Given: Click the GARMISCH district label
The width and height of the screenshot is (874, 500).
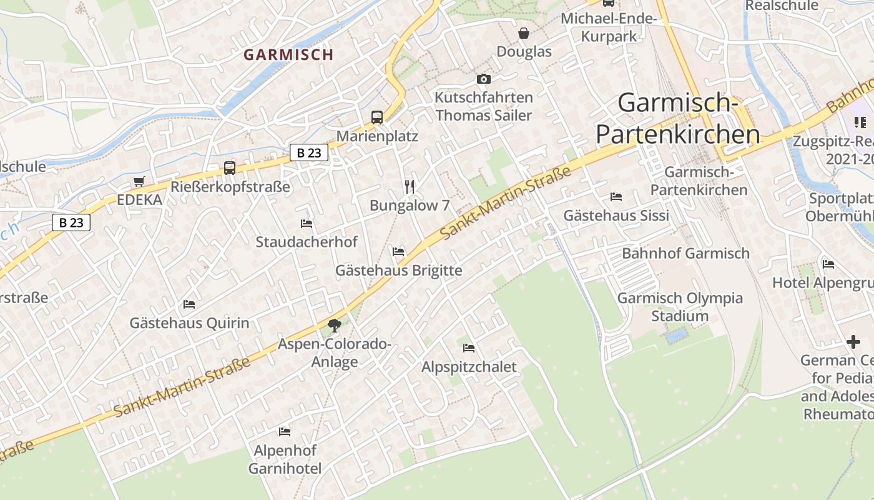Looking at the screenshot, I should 288,54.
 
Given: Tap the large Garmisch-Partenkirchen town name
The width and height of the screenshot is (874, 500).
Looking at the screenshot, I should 678,119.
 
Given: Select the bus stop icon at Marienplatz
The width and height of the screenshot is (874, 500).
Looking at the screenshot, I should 377,117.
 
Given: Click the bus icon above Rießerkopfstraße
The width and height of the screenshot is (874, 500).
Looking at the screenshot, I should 230,167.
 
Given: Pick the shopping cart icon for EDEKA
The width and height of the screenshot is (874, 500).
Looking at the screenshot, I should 139,181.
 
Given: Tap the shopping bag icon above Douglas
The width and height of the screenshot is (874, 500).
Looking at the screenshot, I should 524,32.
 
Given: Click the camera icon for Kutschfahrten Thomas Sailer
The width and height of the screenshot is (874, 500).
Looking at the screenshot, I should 483,79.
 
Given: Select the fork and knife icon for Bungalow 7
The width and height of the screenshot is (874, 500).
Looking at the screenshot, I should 410,186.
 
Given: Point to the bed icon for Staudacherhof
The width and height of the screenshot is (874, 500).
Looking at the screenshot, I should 307,223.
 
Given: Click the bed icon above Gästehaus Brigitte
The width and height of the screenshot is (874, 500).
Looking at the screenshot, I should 398,251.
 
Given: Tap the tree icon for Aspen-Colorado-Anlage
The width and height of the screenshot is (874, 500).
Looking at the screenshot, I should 335,325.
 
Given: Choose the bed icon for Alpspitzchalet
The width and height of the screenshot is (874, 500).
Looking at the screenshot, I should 469,347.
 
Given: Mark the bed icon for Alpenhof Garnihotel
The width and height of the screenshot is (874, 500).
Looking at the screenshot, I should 285,431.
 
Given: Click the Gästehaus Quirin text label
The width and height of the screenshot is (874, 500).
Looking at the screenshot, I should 189,323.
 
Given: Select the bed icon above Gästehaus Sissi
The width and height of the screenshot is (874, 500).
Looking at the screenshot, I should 616,196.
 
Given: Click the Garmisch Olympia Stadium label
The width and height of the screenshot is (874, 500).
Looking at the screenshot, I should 680,307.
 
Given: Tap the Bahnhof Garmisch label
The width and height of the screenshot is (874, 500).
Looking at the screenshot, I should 685,253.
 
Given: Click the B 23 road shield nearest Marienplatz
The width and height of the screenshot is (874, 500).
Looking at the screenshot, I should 309,152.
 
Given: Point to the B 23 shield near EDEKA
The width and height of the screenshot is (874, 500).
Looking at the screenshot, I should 71,222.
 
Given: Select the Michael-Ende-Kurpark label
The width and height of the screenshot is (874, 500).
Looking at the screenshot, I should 609,27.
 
